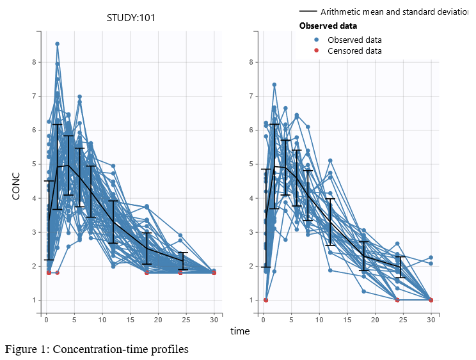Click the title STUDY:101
click(x=131, y=18)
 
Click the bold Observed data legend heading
click(x=328, y=26)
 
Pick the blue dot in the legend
click(x=316, y=40)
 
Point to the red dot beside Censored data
click(x=316, y=51)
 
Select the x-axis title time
click(x=240, y=331)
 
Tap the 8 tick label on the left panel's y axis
click(x=34, y=62)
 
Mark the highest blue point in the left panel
click(x=57, y=44)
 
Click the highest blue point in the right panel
click(x=274, y=84)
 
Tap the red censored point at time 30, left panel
click(x=214, y=272)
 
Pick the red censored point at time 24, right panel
click(x=397, y=300)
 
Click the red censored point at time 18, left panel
click(x=147, y=272)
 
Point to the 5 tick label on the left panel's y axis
click(x=34, y=164)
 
